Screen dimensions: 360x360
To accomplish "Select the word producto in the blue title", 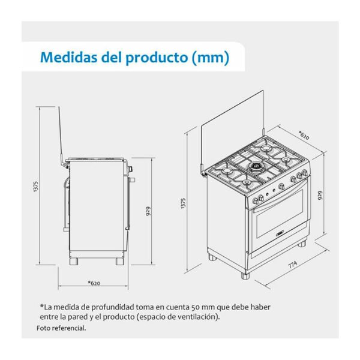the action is tap(157, 58).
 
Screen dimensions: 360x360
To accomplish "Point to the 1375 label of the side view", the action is tap(36, 186).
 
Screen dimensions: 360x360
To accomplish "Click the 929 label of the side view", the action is tap(148, 211).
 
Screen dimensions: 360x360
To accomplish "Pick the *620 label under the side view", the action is tap(94, 283).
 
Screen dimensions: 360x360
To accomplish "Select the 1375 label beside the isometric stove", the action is tap(183, 203).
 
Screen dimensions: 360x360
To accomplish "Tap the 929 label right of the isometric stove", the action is tap(320, 196).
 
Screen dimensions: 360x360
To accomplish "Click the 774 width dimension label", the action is tap(293, 264).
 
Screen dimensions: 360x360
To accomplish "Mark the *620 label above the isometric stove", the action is tap(304, 135).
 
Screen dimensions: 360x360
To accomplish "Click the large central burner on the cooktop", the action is tap(255, 167).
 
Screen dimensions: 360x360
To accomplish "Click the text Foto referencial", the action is tap(61, 328).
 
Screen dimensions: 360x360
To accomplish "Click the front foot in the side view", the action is tap(120, 261).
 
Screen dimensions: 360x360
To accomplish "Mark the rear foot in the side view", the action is tap(74, 261).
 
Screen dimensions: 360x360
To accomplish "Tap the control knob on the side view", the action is tap(131, 169).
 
